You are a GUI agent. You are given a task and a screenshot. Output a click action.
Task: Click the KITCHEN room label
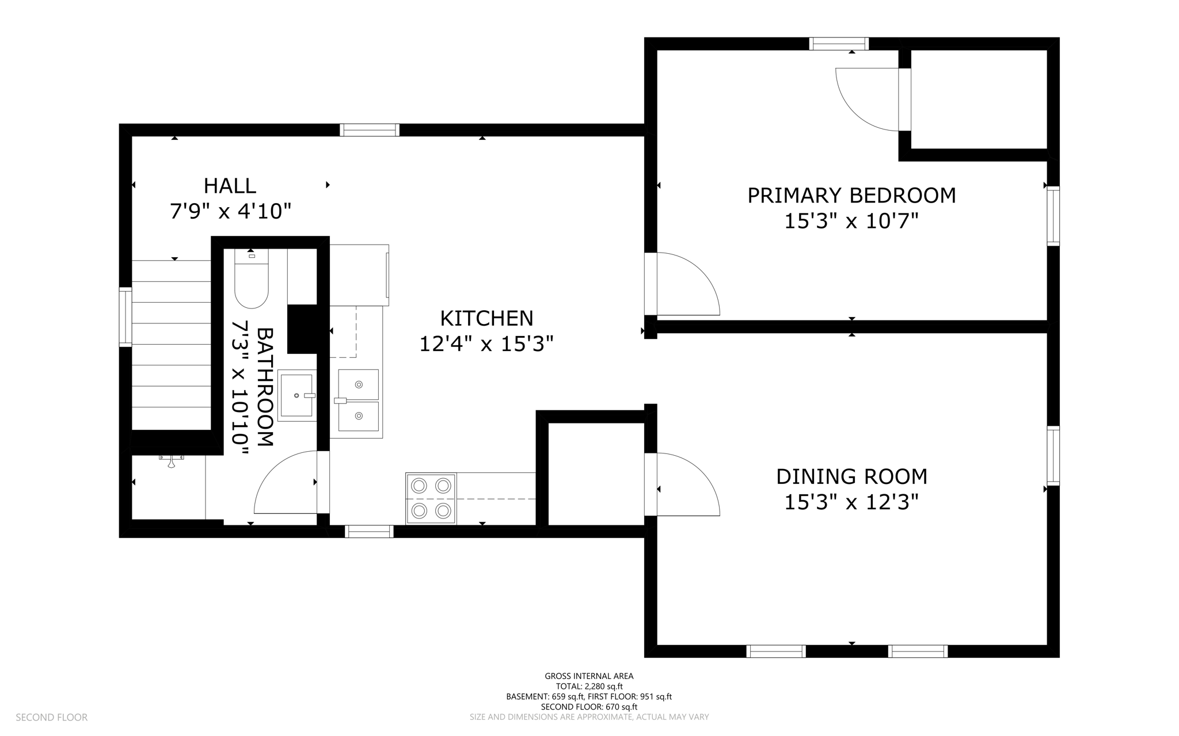tap(486, 318)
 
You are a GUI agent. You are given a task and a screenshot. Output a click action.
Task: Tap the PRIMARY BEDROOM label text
tap(851, 196)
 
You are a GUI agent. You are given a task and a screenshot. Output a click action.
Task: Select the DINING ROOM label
tap(851, 476)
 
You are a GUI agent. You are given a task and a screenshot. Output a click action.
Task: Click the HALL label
tap(230, 186)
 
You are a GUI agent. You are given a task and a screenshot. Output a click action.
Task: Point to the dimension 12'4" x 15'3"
tap(486, 344)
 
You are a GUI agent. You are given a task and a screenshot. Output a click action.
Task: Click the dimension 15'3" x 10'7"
tap(851, 221)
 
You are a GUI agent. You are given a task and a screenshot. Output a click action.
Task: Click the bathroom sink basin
tap(296, 395)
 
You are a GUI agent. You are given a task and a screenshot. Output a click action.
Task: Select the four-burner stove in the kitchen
tap(431, 498)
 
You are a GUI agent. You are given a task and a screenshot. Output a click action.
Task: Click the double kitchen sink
tap(358, 401)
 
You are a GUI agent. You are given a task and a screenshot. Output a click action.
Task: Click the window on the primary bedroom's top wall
tap(838, 44)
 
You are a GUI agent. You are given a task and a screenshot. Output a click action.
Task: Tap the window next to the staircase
tap(125, 317)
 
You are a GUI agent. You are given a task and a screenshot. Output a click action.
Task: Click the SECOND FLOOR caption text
tap(51, 717)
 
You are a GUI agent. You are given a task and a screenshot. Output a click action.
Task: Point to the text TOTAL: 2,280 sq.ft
tap(589, 686)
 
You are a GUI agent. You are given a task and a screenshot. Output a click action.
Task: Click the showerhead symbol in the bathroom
tap(171, 461)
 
